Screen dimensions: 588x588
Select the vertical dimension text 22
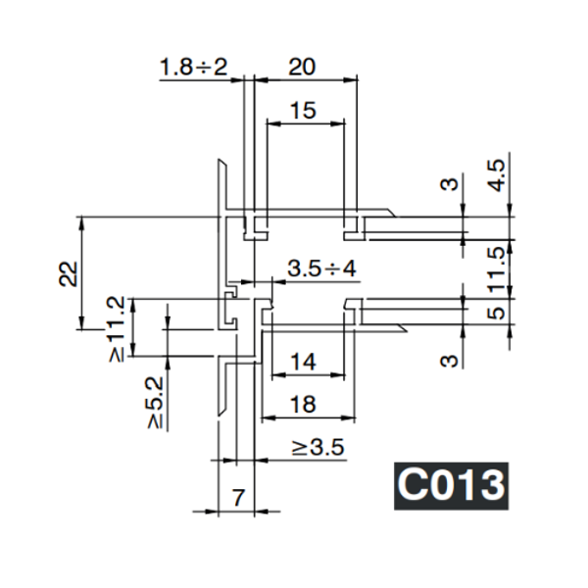[68, 272]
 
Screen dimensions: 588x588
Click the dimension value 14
[304, 362]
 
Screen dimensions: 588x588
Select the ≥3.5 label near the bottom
[318, 449]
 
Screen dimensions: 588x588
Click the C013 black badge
[451, 485]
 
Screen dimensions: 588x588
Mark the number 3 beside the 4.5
[449, 184]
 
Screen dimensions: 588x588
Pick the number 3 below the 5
[449, 360]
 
